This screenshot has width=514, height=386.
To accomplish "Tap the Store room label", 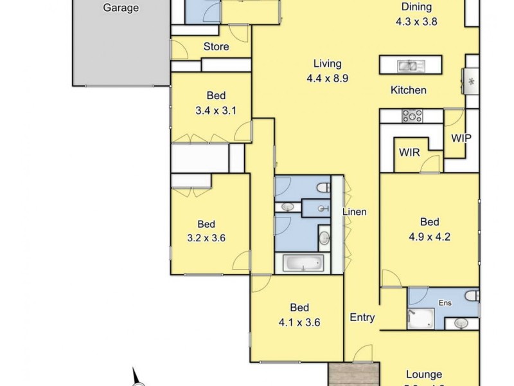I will point(216,46).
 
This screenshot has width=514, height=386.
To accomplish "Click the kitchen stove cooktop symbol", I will point(411,116).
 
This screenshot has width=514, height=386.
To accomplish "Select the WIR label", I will point(409,153).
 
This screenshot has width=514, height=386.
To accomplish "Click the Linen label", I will point(354,212).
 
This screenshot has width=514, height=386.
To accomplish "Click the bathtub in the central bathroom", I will point(303,262).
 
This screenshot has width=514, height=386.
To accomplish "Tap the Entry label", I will point(362,317).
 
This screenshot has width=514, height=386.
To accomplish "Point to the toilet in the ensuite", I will point(472,297).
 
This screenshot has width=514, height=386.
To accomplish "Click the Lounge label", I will point(424,374).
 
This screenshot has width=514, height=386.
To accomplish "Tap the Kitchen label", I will point(409,90).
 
